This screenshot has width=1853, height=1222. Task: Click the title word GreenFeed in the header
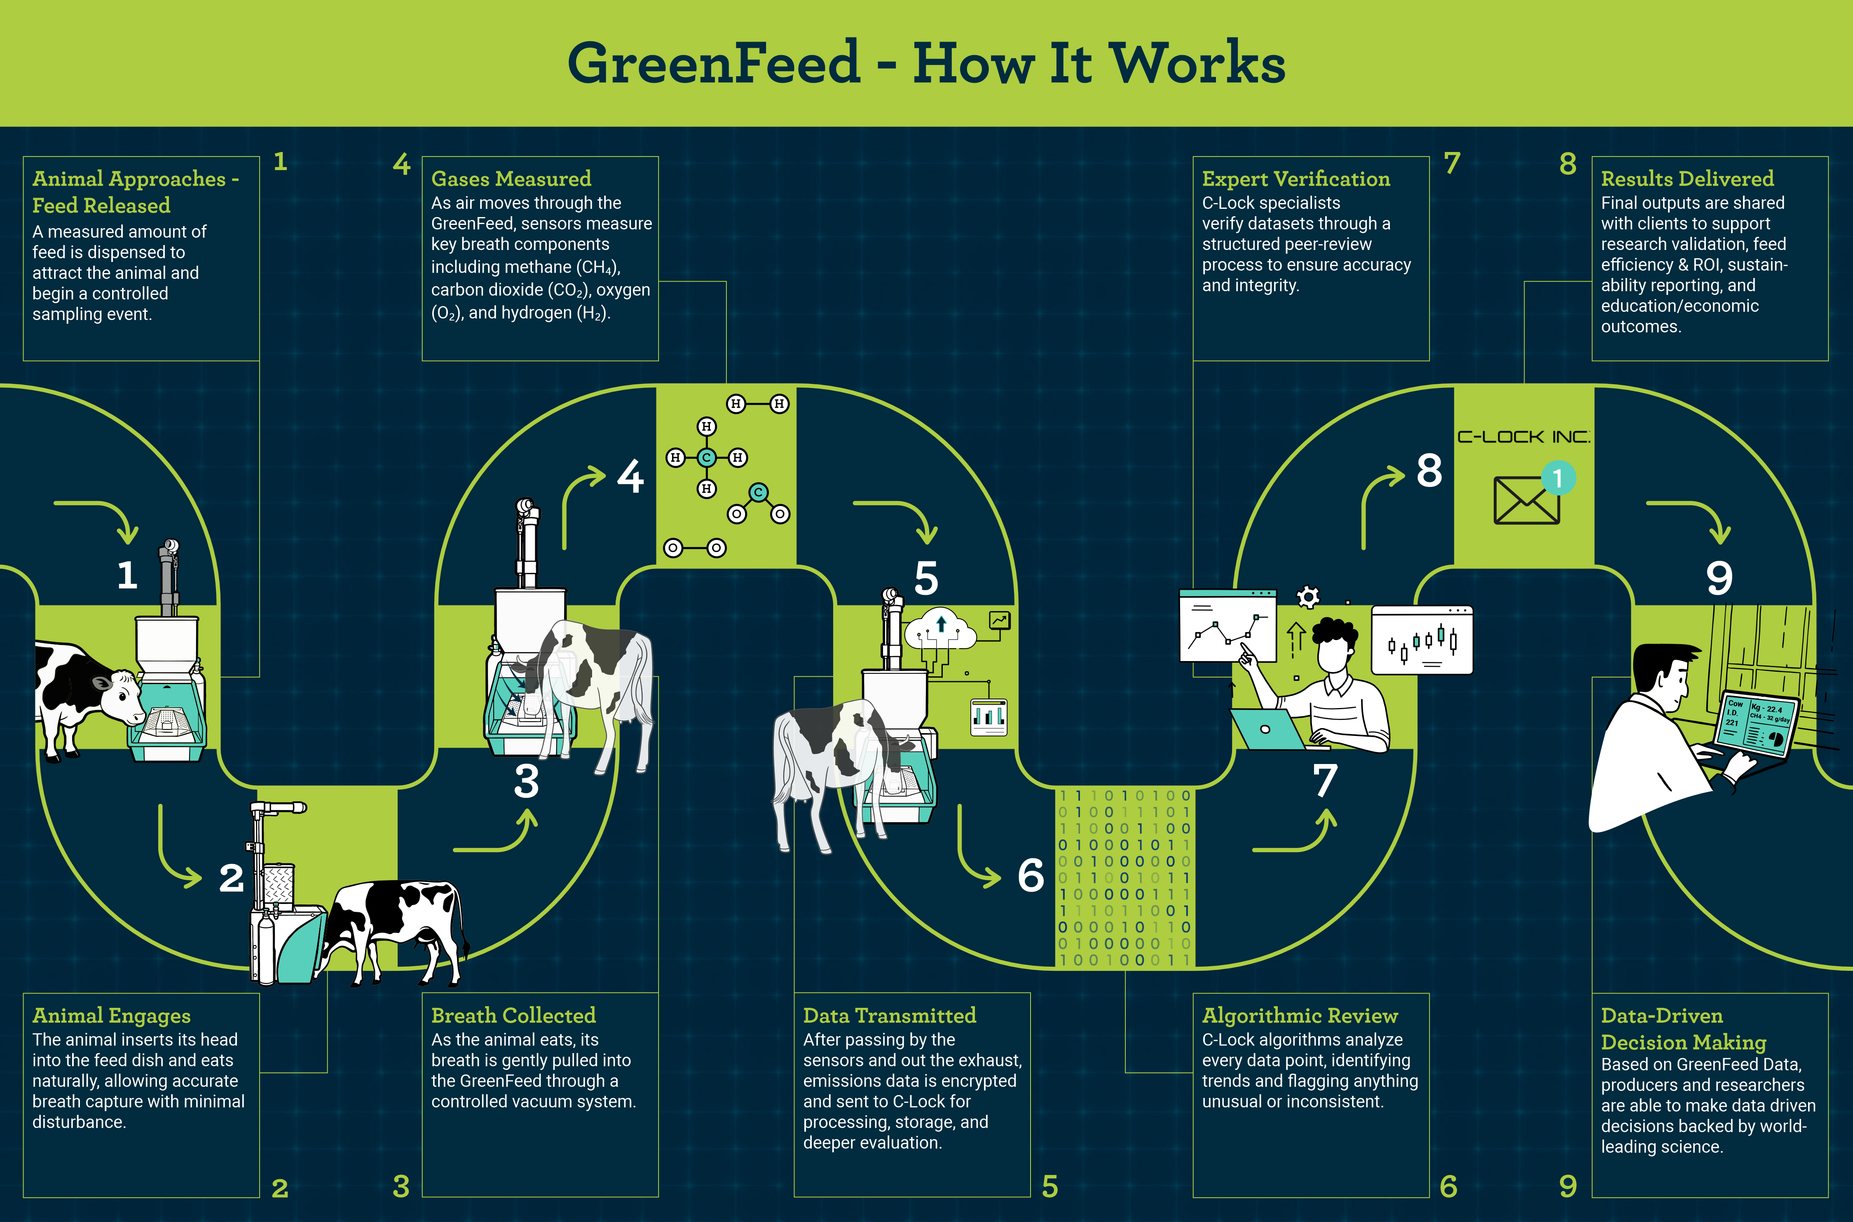coord(713,64)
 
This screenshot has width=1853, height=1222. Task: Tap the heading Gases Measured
coord(511,179)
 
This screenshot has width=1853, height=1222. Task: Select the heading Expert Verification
coord(1295,179)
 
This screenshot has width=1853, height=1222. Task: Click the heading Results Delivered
coord(1687,179)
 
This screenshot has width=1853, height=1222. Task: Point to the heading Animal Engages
coord(112,1016)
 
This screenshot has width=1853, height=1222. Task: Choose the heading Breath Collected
coord(513,1016)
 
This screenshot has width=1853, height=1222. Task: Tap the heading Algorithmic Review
coord(1300,1016)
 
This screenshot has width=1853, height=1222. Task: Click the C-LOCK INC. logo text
coord(1523,437)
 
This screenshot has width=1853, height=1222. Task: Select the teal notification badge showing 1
coord(1558,478)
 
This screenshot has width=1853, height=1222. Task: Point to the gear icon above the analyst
coord(1308,598)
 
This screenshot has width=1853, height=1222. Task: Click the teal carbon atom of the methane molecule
coord(706,458)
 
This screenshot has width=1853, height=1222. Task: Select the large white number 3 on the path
coord(526,782)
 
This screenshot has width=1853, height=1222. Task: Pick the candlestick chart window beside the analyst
coord(1421,640)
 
